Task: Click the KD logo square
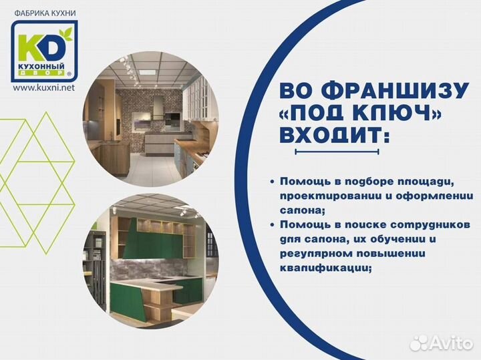(x=44, y=51)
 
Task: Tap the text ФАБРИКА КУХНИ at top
(x=44, y=11)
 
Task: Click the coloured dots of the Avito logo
(x=419, y=343)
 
